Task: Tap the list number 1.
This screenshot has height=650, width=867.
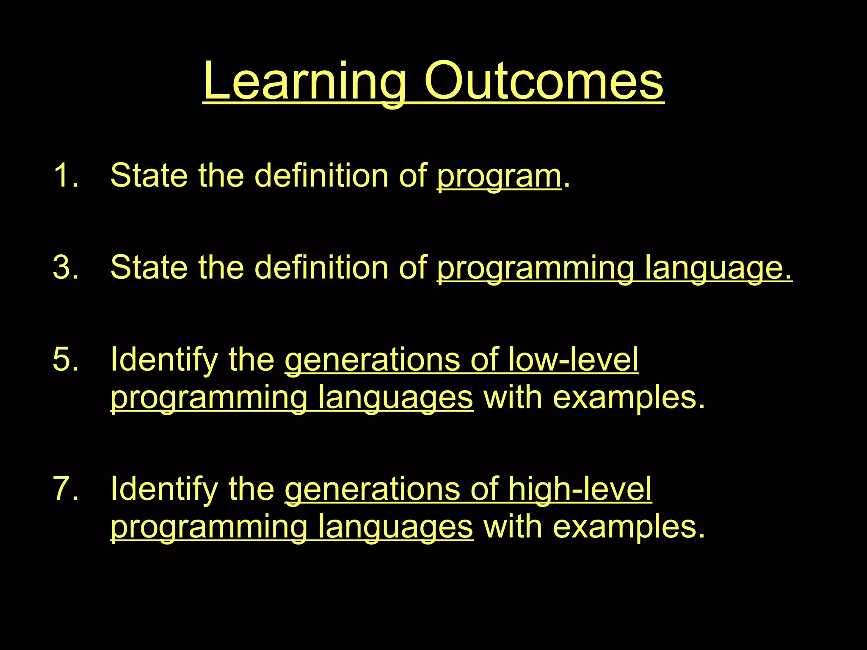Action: [66, 175]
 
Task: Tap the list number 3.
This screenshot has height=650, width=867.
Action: [66, 267]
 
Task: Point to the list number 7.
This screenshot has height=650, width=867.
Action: [66, 489]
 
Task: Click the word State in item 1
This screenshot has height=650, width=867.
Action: [149, 175]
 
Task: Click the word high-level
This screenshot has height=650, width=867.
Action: [580, 489]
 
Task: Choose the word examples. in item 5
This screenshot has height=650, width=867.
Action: [629, 398]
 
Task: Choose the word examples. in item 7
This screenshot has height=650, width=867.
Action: [629, 527]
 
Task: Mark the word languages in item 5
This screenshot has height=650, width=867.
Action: [395, 399]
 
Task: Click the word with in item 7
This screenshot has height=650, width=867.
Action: [513, 527]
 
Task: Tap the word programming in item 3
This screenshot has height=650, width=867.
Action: [535, 268]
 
